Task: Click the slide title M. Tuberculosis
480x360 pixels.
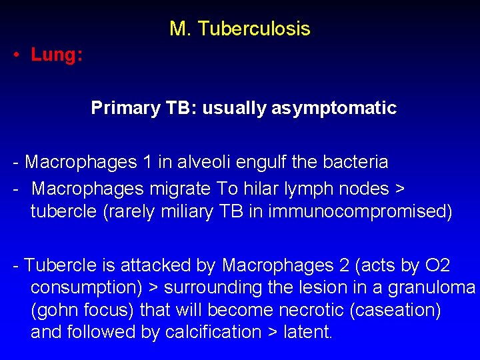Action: click(x=239, y=29)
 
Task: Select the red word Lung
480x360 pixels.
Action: click(x=55, y=55)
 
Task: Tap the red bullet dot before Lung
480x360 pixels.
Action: click(x=15, y=55)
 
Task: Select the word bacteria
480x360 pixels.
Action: click(x=355, y=162)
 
